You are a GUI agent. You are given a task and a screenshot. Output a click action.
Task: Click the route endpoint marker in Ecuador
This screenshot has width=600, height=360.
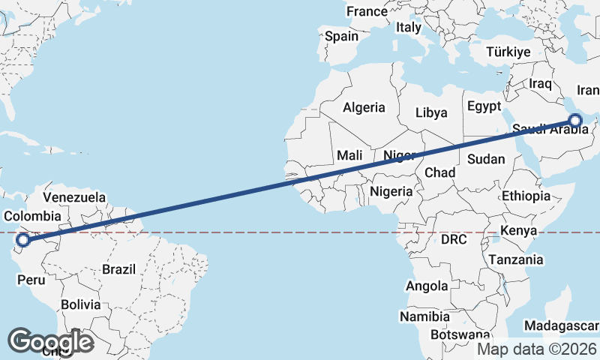point(23,240)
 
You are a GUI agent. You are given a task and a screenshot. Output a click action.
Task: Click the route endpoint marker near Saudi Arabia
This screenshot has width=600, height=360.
point(575,119)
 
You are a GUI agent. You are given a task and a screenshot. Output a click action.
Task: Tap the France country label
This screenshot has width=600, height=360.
point(367,11)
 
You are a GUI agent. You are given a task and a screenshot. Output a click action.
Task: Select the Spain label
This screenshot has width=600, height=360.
point(341,35)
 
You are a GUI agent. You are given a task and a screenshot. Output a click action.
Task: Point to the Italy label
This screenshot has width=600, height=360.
point(409,27)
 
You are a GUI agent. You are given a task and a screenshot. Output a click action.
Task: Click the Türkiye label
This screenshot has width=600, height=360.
point(508,52)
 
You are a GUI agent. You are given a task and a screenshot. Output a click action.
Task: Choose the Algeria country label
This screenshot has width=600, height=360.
point(364,107)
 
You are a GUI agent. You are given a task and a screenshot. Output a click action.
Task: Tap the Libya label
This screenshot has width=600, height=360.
point(431,112)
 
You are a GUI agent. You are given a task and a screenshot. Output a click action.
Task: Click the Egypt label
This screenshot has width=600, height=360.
point(484,106)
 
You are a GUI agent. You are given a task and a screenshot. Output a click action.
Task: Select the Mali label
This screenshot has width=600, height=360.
point(349,155)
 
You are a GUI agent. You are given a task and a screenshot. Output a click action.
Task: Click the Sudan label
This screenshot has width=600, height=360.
point(486,159)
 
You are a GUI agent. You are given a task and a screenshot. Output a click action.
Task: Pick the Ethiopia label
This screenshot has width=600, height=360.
point(526,196)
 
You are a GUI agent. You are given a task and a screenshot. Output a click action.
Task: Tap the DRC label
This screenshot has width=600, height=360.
point(454,240)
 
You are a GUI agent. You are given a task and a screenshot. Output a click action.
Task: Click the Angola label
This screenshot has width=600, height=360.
point(427,286)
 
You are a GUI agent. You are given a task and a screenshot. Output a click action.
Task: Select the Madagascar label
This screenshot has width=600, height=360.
point(562,325)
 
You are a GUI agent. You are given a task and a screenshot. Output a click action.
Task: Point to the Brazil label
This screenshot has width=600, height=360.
point(118,268)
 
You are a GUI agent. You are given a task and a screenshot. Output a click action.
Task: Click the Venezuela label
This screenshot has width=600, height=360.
point(74,197)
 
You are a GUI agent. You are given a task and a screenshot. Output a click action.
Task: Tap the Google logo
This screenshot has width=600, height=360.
point(50,341)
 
